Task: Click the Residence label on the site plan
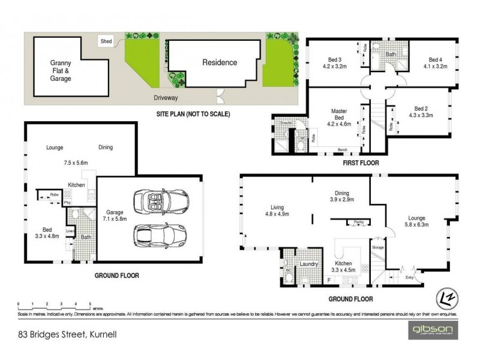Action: click(219, 62)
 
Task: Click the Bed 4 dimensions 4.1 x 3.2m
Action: click(435, 67)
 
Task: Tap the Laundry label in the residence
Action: click(310, 263)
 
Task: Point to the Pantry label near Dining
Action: click(359, 222)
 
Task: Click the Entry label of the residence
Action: click(410, 277)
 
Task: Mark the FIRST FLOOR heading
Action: click(356, 163)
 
